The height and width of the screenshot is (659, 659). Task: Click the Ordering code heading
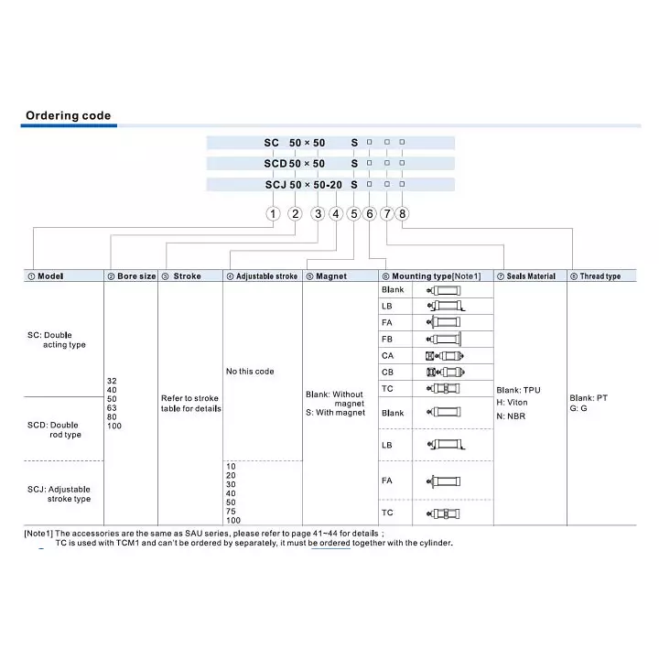(x=68, y=115)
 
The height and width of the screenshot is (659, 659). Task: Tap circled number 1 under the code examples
(x=272, y=213)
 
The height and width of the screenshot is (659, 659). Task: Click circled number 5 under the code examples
(x=353, y=213)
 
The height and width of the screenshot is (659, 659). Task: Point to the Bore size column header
(x=132, y=275)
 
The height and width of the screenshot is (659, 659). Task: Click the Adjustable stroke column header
(x=262, y=275)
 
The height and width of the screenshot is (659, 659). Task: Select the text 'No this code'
(x=250, y=372)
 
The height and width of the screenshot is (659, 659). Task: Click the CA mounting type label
(x=387, y=355)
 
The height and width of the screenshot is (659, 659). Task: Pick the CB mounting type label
(x=387, y=373)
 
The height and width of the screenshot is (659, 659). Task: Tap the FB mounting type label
(x=387, y=339)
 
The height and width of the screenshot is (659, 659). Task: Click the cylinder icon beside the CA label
(x=445, y=355)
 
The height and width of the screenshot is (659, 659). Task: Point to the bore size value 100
(x=114, y=427)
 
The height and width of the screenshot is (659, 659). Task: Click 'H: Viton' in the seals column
(x=513, y=402)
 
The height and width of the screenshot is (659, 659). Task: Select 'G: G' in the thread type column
(x=578, y=408)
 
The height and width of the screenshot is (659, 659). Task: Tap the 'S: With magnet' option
(x=335, y=413)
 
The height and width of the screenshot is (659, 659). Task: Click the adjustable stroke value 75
(x=231, y=512)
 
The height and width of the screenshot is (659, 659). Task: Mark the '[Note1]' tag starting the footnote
(x=38, y=533)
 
